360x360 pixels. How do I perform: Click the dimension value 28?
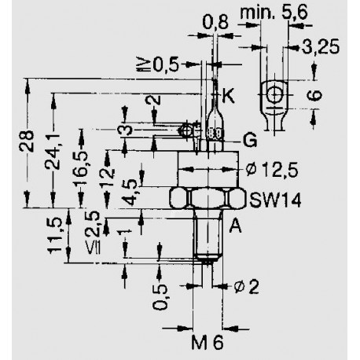27,141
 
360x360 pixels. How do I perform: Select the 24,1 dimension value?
52,151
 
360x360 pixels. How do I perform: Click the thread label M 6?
208,342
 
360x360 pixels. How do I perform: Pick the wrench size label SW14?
275,200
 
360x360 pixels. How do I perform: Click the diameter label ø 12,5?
272,170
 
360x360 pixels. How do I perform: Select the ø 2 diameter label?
246,286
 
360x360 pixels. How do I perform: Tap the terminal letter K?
228,95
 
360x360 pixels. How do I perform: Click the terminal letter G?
250,141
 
